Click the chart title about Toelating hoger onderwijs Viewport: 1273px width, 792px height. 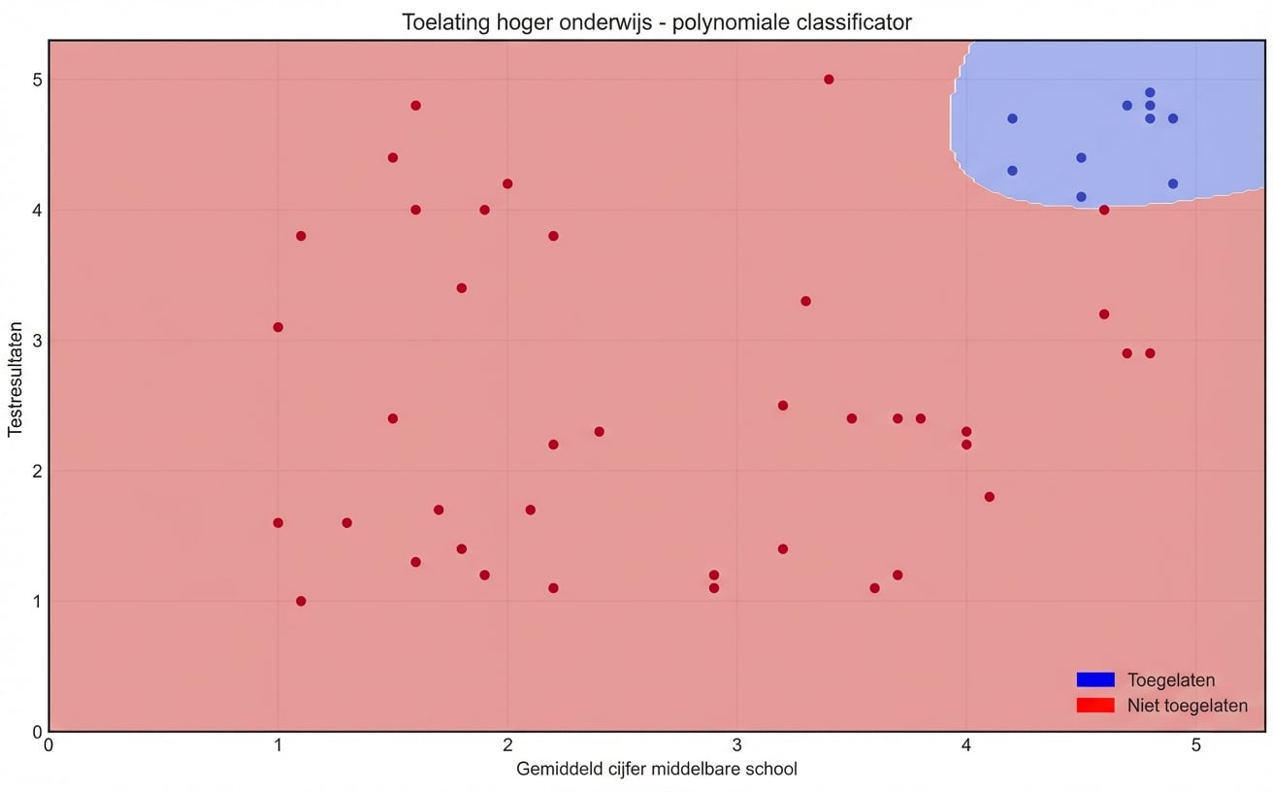pos(657,22)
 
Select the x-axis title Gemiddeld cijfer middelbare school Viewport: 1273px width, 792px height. pos(657,770)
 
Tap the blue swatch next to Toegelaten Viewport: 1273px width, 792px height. pos(1095,679)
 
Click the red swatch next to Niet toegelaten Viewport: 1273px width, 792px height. pos(1095,706)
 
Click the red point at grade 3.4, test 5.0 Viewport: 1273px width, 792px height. pos(829,80)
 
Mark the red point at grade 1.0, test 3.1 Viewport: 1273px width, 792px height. pos(277,327)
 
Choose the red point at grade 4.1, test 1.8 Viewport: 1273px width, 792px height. pos(990,497)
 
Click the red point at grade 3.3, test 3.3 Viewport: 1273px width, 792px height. pos(805,301)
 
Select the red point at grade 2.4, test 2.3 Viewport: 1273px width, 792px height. pos(599,431)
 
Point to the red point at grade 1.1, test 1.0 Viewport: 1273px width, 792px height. pos(301,601)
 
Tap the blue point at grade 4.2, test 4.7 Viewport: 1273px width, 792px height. pos(1012,118)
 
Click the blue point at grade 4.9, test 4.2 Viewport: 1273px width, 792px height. pos(1173,183)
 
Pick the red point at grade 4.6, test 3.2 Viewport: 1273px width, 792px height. pos(1104,314)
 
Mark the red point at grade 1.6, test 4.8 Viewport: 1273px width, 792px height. pos(415,106)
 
